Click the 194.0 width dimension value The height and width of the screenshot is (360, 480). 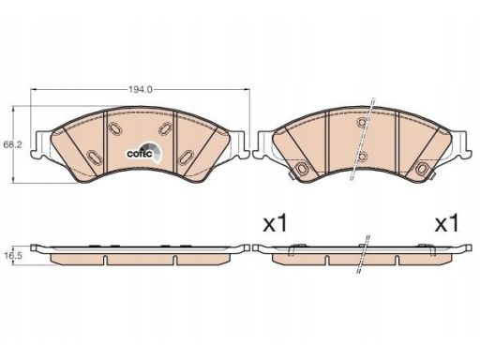click(x=141, y=90)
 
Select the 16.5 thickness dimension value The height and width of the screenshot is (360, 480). click(x=13, y=256)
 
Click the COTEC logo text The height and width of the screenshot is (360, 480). click(x=140, y=154)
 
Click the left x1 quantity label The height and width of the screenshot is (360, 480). click(x=275, y=224)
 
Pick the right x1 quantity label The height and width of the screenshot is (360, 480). click(x=447, y=224)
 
